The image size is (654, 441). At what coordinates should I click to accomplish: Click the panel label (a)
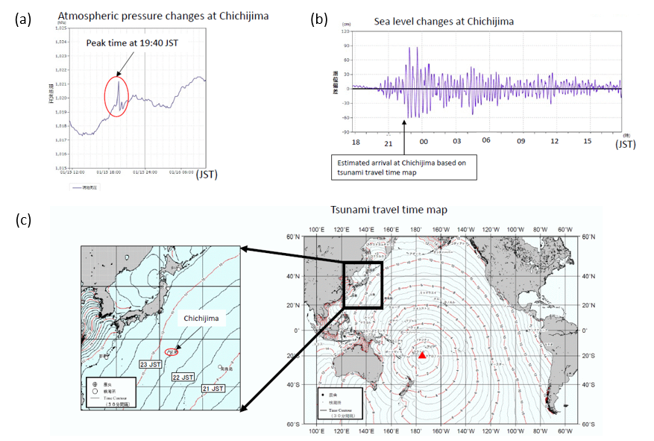pos(23,20)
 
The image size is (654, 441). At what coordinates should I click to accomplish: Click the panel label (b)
pos(318,20)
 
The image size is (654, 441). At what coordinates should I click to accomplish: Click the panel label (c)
pos(23,221)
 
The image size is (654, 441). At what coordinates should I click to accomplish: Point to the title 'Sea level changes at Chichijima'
pos(443,22)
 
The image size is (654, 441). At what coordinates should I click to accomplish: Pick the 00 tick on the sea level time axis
pos(424,140)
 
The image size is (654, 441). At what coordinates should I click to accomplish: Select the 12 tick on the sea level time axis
pos(554,140)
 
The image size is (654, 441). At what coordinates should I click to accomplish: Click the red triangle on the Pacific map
pos(423,355)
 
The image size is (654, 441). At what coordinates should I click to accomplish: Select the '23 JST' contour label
pos(150,364)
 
